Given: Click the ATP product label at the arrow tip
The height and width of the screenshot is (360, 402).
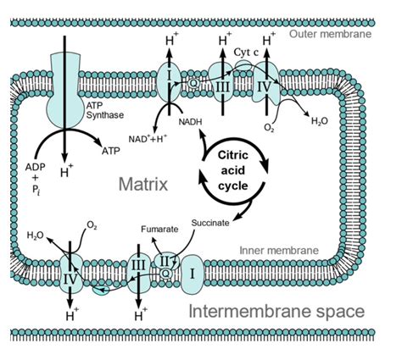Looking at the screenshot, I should tap(110, 152).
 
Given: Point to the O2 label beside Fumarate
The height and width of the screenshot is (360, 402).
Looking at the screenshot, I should tap(93, 226).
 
